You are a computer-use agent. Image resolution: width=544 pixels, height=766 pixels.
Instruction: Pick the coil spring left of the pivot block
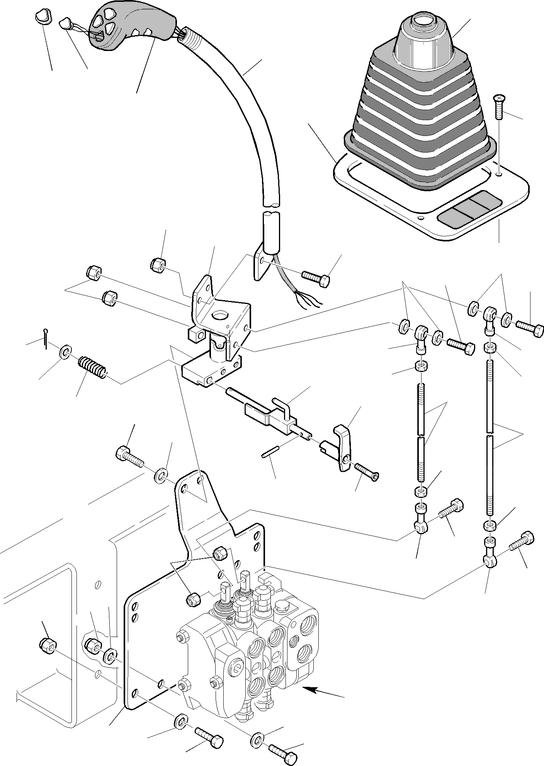click(x=92, y=367)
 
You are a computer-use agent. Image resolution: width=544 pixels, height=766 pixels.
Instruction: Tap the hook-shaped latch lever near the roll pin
click(x=342, y=448)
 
